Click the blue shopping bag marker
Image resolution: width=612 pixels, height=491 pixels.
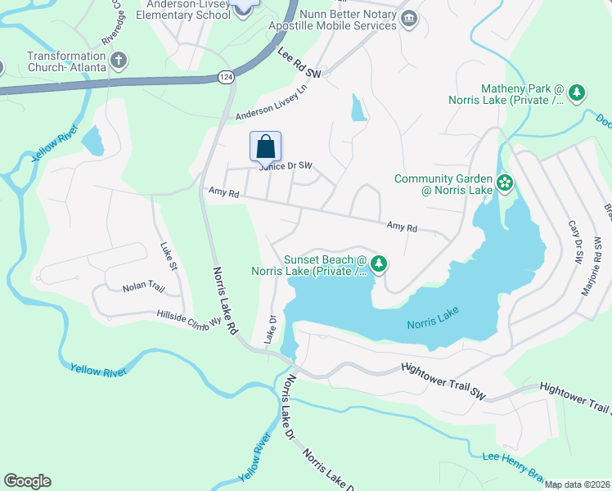(265, 147)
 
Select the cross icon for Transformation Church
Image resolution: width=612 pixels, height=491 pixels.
(119, 60)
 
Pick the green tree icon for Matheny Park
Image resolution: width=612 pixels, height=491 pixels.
(577, 93)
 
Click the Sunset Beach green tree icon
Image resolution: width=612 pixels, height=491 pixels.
(378, 264)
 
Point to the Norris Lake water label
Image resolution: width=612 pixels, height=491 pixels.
(434, 318)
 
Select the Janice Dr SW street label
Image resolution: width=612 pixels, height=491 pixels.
(286, 165)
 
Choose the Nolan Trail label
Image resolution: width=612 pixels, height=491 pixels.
(144, 288)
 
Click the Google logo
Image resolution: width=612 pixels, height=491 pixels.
(27, 481)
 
